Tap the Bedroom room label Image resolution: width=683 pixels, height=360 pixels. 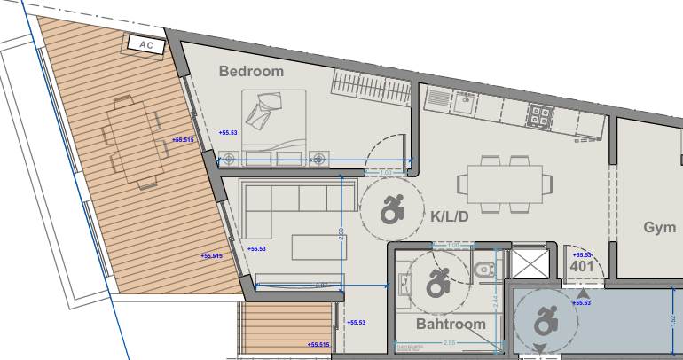(252, 71)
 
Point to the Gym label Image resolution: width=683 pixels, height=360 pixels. (659, 228)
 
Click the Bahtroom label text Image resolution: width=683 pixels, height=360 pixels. (451, 325)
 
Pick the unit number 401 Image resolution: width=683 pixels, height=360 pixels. (582, 265)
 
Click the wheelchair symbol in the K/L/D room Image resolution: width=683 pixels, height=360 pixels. (391, 210)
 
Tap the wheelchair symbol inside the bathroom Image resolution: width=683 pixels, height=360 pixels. (437, 283)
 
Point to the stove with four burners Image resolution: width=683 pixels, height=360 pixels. (540, 113)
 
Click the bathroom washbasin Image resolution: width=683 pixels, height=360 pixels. (407, 282)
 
